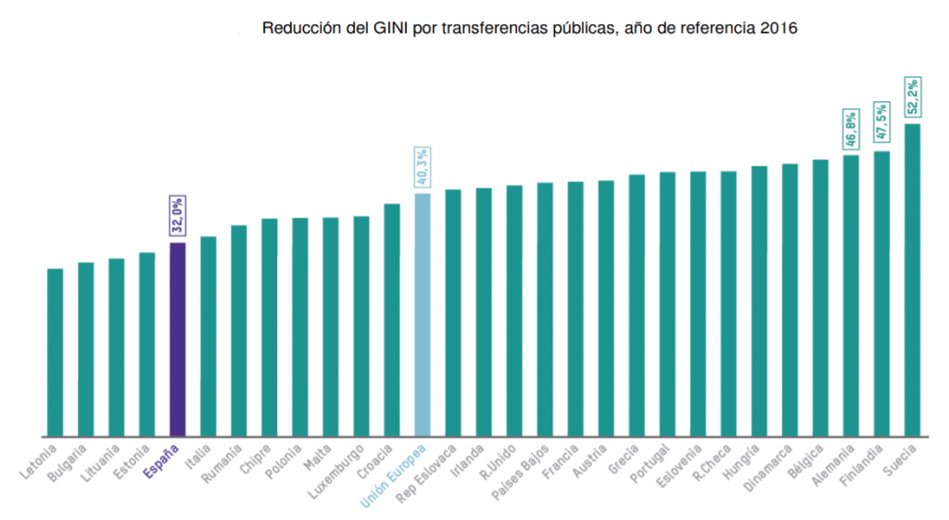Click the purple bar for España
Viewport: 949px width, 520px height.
(x=178, y=339)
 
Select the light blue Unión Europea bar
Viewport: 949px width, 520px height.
(x=423, y=314)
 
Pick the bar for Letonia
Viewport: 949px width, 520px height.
(x=56, y=352)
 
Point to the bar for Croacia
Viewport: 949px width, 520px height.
(x=392, y=320)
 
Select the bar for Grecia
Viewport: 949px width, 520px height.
(x=637, y=305)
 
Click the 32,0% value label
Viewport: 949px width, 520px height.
(x=178, y=216)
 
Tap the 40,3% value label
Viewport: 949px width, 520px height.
(x=423, y=167)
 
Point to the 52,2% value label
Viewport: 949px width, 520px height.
(x=913, y=96)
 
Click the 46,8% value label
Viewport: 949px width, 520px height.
(x=851, y=129)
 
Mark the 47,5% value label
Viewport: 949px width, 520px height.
(x=881, y=121)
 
